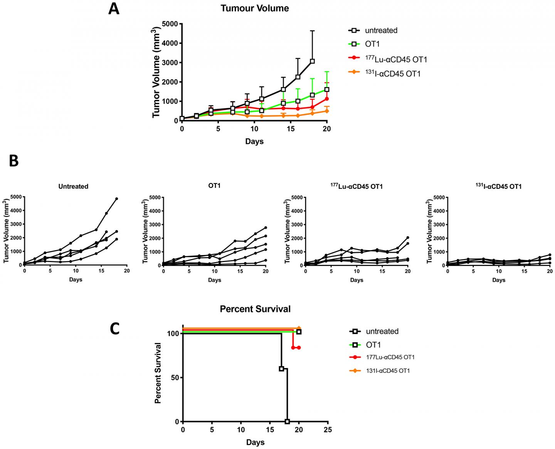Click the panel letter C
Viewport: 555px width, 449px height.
pos(115,328)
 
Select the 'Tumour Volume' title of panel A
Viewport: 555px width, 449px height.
pos(254,8)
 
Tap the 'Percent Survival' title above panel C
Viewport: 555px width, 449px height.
pos(255,309)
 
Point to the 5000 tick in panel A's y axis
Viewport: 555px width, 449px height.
pos(170,24)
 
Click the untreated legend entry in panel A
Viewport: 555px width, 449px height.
pos(381,30)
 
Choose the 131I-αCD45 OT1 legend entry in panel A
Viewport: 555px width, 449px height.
pos(393,73)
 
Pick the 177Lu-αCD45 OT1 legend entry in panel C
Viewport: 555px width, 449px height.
pos(390,357)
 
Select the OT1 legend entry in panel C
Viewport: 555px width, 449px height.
pos(373,345)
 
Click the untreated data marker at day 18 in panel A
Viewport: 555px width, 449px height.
pos(312,61)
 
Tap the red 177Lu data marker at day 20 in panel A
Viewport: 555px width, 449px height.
pos(327,99)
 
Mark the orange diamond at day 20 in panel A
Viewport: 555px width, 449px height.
pos(327,111)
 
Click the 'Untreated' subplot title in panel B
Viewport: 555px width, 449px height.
pos(73,187)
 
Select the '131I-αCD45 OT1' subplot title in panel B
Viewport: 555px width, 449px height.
pos(498,187)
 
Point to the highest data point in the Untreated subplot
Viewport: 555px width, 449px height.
pos(116,199)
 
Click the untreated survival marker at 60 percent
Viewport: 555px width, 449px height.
pos(281,369)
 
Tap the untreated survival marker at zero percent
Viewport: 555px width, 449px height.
pos(287,422)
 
